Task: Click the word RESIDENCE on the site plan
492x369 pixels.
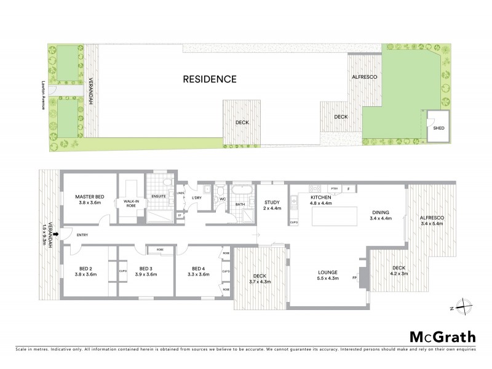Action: click(x=209, y=79)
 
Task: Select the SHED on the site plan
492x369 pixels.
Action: click(x=438, y=128)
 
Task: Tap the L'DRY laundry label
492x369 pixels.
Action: click(x=197, y=198)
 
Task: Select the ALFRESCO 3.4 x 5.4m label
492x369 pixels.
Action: click(x=431, y=221)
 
